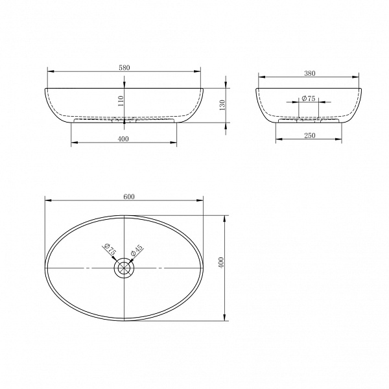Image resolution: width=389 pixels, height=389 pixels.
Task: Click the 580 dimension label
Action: click(x=124, y=67)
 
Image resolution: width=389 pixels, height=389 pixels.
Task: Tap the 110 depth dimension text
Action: click(x=121, y=101)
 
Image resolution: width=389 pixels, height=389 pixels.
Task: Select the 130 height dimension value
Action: click(x=222, y=105)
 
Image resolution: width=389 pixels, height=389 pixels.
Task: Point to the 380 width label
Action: click(x=310, y=73)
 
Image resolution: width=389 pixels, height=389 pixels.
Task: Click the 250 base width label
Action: click(x=310, y=136)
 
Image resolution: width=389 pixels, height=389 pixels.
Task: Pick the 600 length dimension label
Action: click(x=129, y=196)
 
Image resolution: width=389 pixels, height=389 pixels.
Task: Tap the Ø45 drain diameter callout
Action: click(x=137, y=250)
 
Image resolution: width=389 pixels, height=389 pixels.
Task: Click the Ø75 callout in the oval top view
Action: click(x=110, y=250)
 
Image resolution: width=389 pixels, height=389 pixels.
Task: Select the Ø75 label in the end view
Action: click(x=309, y=99)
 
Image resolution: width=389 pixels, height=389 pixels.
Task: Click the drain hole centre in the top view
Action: click(x=124, y=268)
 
